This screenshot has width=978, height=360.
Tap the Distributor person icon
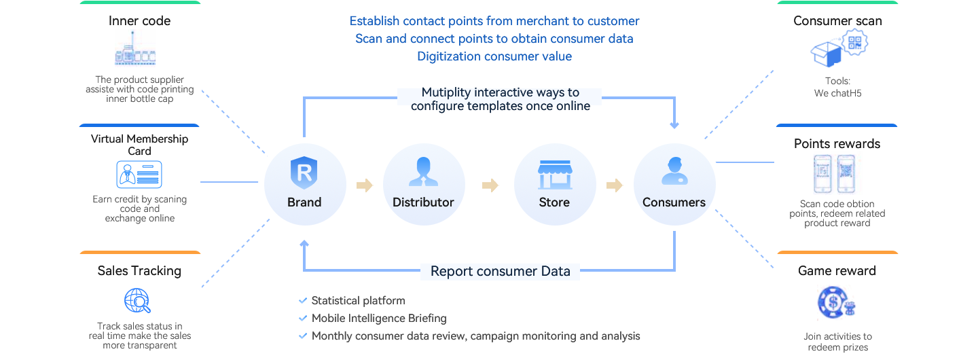point(423,171)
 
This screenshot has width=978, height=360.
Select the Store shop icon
point(554,174)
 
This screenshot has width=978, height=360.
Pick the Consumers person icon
point(674,171)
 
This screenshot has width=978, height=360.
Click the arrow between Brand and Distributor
point(365,185)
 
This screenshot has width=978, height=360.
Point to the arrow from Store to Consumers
point(615,185)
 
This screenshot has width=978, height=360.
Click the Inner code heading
point(140,21)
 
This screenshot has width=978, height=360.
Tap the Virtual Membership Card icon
point(139,175)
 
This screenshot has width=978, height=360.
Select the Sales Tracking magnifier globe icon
point(137,301)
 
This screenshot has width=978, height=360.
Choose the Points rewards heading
point(837,144)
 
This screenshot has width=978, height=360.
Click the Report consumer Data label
point(501,272)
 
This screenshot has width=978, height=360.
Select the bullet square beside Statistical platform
point(303,301)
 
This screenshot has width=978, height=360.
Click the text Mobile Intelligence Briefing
point(379,319)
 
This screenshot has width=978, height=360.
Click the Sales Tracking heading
point(139,271)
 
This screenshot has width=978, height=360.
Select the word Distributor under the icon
point(423,202)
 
